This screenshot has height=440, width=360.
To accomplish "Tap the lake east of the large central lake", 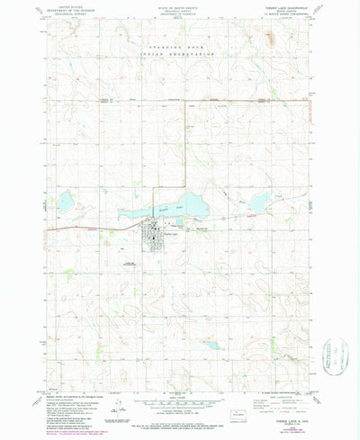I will (258, 205).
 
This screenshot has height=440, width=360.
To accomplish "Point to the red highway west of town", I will (81, 230).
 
